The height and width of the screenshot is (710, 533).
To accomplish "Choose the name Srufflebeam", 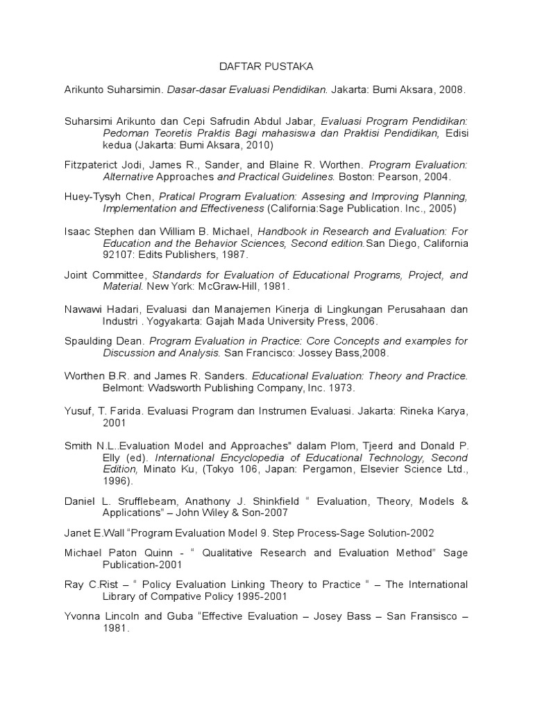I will pyautogui.click(x=154, y=501).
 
